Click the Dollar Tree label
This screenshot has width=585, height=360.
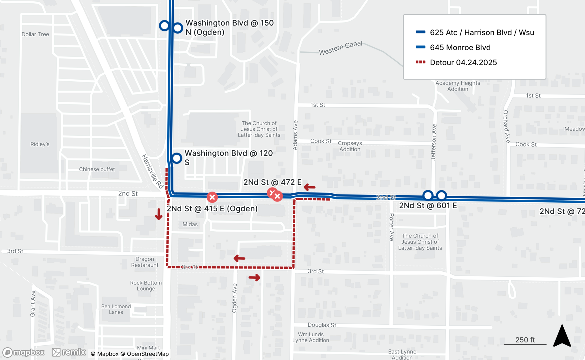tap(35, 34)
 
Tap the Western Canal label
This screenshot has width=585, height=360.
tap(340, 48)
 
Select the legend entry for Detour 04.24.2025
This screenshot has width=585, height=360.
tap(463, 62)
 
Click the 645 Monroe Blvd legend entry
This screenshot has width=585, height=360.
tap(460, 47)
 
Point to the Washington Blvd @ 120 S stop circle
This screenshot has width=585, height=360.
tap(177, 158)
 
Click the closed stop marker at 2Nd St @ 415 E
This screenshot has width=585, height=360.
tap(212, 197)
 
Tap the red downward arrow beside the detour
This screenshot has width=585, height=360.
tap(159, 214)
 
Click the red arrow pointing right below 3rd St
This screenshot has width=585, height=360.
tap(254, 277)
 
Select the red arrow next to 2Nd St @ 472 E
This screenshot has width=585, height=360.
tap(309, 187)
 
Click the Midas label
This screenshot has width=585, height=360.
tap(190, 224)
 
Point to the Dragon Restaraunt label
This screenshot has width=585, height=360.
tap(144, 262)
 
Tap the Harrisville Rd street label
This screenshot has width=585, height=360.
tap(152, 171)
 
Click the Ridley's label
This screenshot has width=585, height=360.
tap(40, 144)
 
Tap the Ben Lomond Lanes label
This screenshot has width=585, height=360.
tap(116, 309)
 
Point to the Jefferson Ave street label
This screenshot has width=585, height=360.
tap(434, 142)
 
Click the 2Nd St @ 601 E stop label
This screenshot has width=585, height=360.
tap(428, 206)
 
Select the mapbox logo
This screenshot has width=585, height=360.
tap(24, 352)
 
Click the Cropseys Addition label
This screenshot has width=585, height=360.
tap(350, 146)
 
